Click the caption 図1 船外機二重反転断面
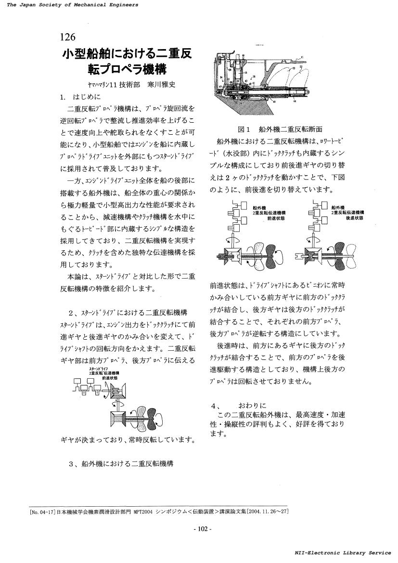click(x=280, y=129)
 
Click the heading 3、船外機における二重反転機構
click(x=121, y=463)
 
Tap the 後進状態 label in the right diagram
click(x=354, y=218)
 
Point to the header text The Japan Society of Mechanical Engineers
click(x=70, y=4)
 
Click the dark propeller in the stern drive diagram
click(x=157, y=415)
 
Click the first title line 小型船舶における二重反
click(x=127, y=53)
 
